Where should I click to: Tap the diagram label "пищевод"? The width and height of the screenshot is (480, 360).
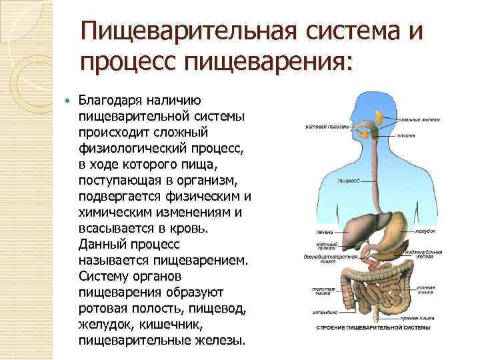tap(349, 180)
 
